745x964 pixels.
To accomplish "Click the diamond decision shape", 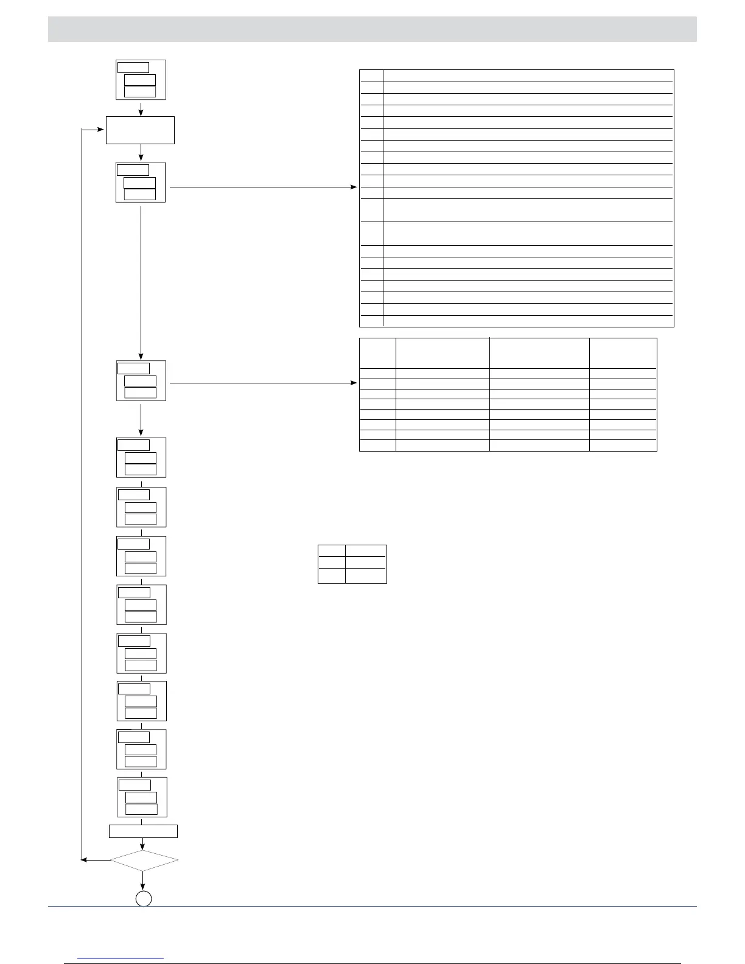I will click(144, 860).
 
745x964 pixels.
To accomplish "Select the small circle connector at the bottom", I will click(143, 898).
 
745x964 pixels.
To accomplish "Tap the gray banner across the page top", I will click(372, 29).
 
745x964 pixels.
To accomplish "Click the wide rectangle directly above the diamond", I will click(143, 831).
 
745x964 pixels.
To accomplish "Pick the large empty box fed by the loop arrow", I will click(140, 130).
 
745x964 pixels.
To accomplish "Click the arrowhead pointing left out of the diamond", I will click(85, 860).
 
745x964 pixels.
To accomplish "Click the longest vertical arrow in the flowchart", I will click(141, 280).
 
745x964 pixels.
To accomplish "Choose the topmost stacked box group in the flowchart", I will click(141, 80).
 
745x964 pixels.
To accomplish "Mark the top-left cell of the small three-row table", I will click(331, 550).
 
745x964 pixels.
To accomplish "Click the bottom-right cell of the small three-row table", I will click(366, 576).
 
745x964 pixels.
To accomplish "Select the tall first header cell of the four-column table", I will click(377, 353).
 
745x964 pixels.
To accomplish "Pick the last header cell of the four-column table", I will click(623, 353).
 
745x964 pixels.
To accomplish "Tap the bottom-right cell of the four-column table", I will click(623, 445).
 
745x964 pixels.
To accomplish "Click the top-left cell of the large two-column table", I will click(371, 75).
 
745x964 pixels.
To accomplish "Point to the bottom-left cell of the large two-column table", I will click(371, 321).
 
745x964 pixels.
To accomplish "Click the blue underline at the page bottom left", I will click(121, 959).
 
